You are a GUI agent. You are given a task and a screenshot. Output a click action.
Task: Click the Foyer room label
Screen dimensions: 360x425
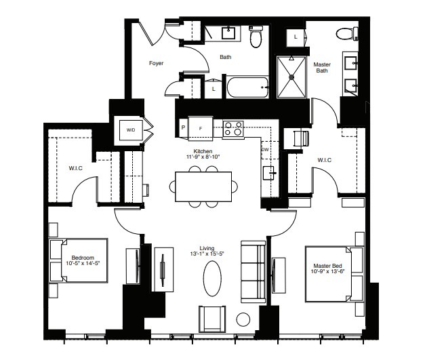[156, 64]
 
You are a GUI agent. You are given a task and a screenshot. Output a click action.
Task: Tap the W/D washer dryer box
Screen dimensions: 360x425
[129, 130]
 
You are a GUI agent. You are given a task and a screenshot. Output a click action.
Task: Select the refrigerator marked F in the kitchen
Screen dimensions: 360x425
[200, 127]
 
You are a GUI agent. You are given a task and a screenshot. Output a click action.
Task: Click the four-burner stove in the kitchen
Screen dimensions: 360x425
[233, 128]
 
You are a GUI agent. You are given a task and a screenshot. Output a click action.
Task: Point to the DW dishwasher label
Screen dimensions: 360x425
[265, 151]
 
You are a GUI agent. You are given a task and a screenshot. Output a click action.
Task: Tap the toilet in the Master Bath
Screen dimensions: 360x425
[346, 34]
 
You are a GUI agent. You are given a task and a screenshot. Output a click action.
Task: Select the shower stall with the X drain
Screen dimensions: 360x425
[292, 77]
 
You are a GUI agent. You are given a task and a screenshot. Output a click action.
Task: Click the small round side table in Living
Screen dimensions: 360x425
[243, 319]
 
